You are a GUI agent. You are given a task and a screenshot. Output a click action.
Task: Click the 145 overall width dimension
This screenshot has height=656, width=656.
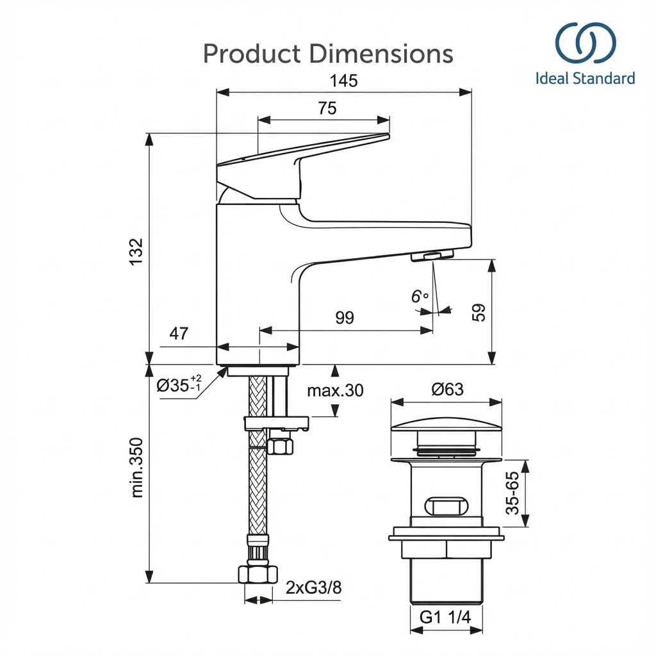(344, 81)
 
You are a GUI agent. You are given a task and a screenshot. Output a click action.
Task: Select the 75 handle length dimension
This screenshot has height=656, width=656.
(327, 108)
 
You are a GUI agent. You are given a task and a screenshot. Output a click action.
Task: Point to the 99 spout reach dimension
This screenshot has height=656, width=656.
(345, 318)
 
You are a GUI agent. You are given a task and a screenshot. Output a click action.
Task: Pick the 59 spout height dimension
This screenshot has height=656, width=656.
(479, 311)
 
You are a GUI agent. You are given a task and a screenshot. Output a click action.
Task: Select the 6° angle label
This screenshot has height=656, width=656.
(420, 297)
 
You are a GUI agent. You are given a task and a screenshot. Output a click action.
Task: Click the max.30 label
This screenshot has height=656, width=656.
(335, 389)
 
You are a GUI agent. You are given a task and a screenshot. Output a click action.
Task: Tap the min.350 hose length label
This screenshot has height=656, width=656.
(136, 467)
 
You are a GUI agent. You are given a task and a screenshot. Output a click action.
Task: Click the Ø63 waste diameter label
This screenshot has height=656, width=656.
(447, 389)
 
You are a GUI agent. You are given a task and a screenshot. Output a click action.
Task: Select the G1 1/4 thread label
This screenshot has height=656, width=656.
(445, 618)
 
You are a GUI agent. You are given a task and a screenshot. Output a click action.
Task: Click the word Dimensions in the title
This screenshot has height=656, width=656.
(381, 54)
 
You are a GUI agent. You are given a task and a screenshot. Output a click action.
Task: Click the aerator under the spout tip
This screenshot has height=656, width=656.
(432, 256)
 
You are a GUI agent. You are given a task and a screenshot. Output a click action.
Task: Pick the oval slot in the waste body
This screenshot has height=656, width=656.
(446, 505)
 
